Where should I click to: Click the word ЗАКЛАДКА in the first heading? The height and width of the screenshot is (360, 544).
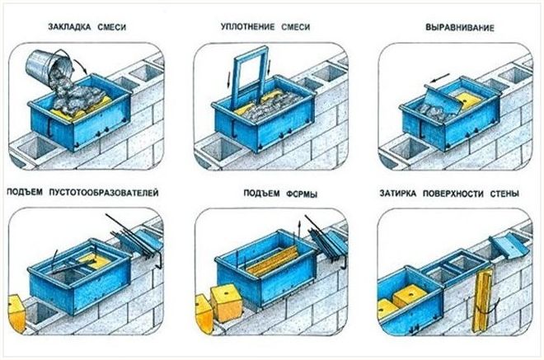coord(69,26)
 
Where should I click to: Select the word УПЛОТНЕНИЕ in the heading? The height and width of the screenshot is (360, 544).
coord(247,26)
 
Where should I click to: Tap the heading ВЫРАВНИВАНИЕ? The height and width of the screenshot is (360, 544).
coord(460,27)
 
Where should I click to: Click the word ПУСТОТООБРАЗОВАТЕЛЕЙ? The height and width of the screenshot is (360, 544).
coord(104,193)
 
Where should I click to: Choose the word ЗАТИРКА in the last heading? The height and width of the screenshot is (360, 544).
coord(397,193)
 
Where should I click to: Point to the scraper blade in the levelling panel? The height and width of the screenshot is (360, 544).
coord(443,100)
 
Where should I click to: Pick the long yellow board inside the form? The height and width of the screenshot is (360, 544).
coord(273,261)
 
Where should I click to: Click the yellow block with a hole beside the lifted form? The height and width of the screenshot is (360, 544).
coord(227,303)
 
